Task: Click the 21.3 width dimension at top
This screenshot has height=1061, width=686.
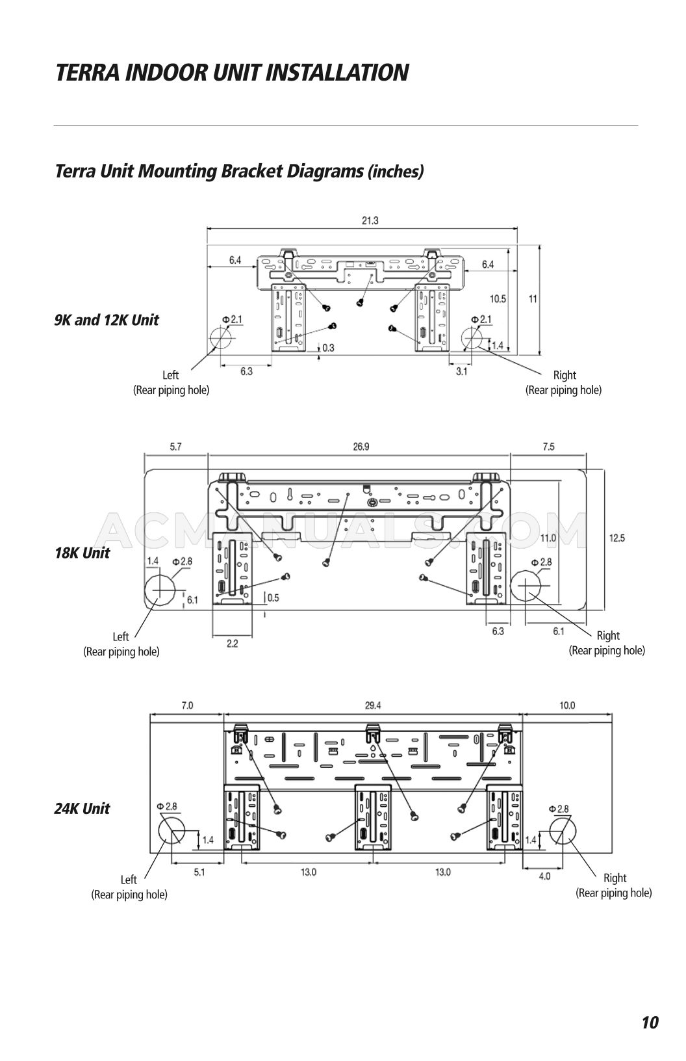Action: [370, 221]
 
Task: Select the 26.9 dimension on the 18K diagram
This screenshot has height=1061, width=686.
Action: [361, 447]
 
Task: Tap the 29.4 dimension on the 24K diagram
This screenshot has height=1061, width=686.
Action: [373, 705]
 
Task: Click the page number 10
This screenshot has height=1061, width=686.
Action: [650, 1023]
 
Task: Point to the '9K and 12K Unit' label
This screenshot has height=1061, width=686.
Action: [107, 320]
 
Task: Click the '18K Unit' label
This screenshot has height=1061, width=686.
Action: [83, 553]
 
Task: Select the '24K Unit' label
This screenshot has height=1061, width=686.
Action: [83, 809]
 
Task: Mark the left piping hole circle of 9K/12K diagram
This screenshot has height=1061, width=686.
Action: [221, 339]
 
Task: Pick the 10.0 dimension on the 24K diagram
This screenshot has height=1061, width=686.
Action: [566, 705]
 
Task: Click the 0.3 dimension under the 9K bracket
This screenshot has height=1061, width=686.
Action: [328, 348]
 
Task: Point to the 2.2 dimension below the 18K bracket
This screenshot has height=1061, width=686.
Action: [232, 644]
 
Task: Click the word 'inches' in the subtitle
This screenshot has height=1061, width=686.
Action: [396, 172]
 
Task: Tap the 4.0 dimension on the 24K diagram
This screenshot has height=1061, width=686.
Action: [544, 876]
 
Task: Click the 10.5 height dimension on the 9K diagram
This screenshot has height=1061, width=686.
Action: [498, 299]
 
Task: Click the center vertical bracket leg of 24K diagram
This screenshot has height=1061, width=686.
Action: [374, 817]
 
